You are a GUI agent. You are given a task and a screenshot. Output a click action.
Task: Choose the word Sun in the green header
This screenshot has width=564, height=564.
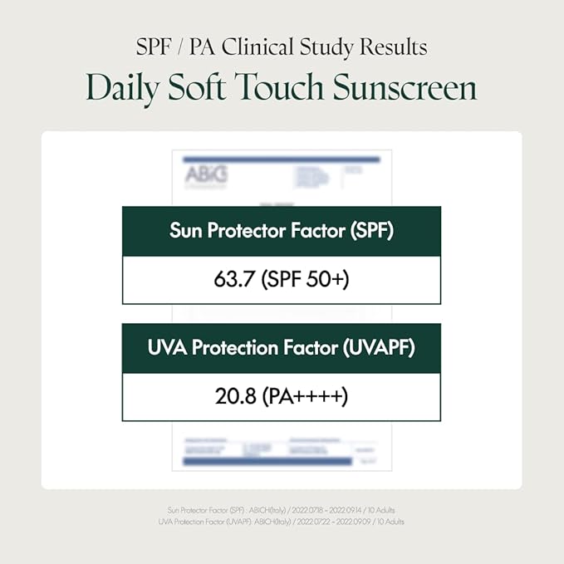pos(187,232)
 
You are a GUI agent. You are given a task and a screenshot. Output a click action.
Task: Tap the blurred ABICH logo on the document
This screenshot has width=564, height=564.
pos(204,174)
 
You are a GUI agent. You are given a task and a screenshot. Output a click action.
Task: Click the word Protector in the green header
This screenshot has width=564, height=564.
pos(252,232)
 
